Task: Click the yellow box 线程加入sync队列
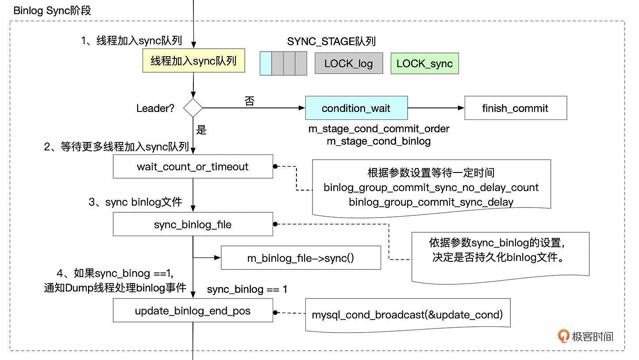[193, 61]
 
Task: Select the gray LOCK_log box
[349, 63]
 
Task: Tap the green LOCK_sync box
[424, 63]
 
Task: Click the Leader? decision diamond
[193, 108]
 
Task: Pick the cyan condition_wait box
[356, 108]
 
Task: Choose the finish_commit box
[515, 108]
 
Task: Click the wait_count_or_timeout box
[192, 167]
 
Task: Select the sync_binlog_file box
[192, 224]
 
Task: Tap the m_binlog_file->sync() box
[300, 258]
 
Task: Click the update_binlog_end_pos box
[192, 311]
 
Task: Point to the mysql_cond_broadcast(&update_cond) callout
[407, 315]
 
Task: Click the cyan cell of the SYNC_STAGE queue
[265, 63]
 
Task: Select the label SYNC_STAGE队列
[331, 42]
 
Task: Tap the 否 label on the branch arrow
[250, 101]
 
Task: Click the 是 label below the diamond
[201, 130]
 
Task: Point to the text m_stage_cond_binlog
[379, 141]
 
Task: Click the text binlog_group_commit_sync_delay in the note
[431, 202]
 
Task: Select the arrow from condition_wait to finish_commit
[436, 108]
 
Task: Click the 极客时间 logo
[586, 336]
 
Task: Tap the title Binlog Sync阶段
[52, 11]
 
